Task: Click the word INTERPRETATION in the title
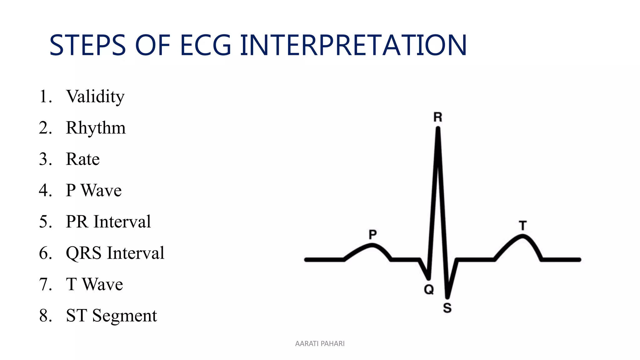[x=353, y=46]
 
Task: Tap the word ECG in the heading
[x=205, y=46]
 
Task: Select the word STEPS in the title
[x=87, y=46]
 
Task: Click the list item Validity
[x=95, y=96]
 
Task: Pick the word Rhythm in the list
[x=96, y=128]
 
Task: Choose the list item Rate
[x=83, y=159]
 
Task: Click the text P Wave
[x=93, y=190]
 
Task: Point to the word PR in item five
[x=77, y=222]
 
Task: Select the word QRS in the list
[x=83, y=253]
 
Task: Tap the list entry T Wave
[x=94, y=284]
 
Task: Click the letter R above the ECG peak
[x=438, y=117]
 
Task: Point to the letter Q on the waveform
[x=429, y=289]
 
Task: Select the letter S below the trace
[x=447, y=308]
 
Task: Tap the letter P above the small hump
[x=372, y=234]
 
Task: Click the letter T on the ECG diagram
[x=523, y=225]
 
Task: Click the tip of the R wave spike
[x=438, y=128]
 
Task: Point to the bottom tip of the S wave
[x=447, y=297]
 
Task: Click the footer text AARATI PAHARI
[x=320, y=343]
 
